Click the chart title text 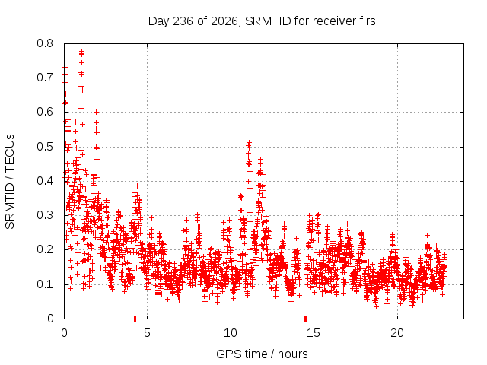(x=262, y=21)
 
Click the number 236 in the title (x=183, y=21)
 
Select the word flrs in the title (x=365, y=21)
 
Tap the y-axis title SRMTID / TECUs (x=10, y=182)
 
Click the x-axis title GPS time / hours (x=262, y=354)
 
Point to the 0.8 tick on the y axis (x=45, y=43)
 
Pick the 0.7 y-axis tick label (x=45, y=78)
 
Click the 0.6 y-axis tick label (x=45, y=112)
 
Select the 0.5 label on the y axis (x=45, y=147)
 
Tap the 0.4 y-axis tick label (x=45, y=181)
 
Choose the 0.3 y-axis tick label (x=45, y=215)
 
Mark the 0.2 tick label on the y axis (x=45, y=249)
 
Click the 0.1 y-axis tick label (x=45, y=284)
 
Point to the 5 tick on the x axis (x=147, y=333)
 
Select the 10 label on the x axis (x=231, y=333)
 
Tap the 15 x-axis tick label (x=314, y=333)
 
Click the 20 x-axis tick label (x=397, y=333)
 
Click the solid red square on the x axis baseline (x=305, y=319)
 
